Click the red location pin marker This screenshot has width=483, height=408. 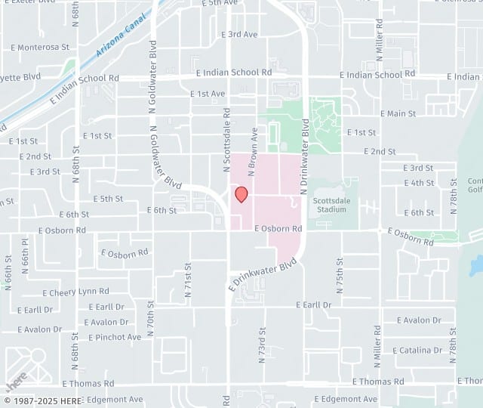(241, 194)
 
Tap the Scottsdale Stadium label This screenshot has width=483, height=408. (332, 204)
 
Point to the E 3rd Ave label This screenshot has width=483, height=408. (239, 35)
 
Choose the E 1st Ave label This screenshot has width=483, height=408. (208, 94)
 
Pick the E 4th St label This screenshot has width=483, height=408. (419, 183)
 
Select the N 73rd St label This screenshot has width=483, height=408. (263, 341)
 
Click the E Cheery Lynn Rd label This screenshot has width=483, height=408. (75, 291)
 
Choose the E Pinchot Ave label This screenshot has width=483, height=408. (115, 337)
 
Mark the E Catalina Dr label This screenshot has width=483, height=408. (417, 351)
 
